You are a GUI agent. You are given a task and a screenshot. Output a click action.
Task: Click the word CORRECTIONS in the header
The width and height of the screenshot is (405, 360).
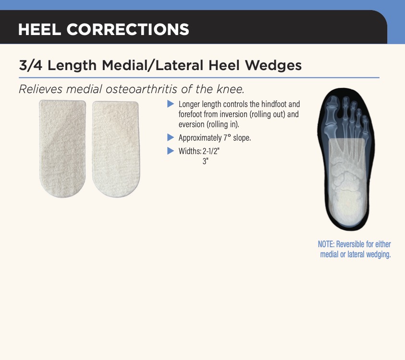click(128, 29)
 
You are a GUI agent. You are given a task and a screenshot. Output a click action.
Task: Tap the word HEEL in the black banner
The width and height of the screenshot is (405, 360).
click(39, 29)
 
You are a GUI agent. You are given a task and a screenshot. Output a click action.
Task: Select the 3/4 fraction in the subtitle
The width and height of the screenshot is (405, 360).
click(30, 65)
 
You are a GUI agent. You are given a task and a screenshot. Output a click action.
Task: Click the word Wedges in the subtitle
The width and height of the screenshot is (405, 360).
click(273, 66)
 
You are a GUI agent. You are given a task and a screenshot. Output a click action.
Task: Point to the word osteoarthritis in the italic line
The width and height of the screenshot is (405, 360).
click(142, 89)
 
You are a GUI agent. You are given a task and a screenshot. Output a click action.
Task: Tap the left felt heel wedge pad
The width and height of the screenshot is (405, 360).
click(62, 148)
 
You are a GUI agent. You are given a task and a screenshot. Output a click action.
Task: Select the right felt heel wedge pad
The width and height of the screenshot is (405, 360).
click(116, 149)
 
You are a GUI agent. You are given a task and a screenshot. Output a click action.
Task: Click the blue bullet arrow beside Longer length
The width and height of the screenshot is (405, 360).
click(171, 104)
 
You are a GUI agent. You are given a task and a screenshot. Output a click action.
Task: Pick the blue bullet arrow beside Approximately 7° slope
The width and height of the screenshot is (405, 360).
click(171, 138)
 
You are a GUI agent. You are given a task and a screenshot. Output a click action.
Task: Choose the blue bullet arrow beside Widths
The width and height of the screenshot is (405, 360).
click(171, 151)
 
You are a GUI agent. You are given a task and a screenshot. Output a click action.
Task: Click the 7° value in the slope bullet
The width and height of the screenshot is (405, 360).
click(227, 138)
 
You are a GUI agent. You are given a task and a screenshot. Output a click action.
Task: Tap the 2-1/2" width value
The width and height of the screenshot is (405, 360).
click(211, 151)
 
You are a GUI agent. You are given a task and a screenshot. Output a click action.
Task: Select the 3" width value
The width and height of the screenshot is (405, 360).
click(205, 161)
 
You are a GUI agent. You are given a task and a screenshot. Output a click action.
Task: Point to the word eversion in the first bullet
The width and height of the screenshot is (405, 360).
click(191, 124)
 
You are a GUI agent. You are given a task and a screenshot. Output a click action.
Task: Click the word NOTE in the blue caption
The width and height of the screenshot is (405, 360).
click(326, 244)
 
